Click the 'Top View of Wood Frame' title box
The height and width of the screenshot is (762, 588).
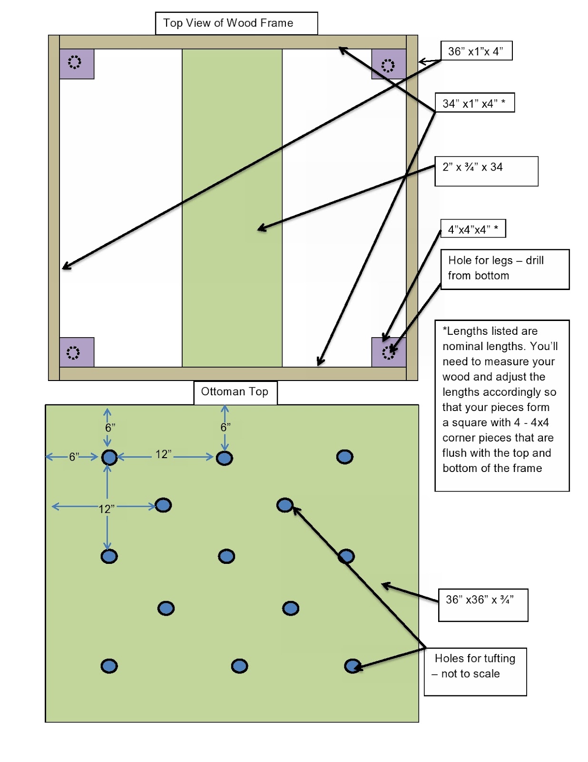point(236,23)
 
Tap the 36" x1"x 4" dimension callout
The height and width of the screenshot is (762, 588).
point(476,51)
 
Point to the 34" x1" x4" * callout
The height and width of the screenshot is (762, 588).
point(474,103)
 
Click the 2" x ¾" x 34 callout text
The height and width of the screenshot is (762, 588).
point(472,167)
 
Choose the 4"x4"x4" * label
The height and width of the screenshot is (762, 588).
point(473,229)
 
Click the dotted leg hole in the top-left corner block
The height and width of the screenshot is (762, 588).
point(74,62)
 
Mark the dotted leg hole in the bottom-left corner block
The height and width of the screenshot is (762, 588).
point(73,353)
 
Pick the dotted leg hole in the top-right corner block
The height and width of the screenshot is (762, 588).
point(388,66)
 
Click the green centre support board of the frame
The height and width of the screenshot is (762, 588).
point(232,208)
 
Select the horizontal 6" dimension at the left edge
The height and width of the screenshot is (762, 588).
point(72,457)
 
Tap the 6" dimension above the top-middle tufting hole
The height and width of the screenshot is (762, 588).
point(225,428)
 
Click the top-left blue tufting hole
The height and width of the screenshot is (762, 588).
point(109,457)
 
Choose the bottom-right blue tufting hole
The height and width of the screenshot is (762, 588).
point(353,666)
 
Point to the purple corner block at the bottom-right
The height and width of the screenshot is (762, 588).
point(389,352)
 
